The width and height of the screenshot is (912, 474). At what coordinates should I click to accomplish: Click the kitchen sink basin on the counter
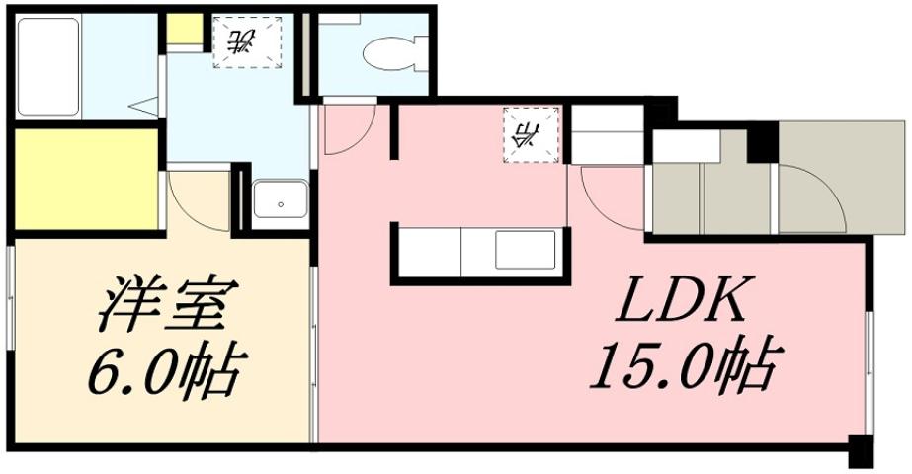pos(524,250)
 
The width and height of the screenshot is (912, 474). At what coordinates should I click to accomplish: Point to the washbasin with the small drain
pos(281,203)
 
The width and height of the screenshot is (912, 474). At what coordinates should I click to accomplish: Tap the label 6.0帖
pos(163,370)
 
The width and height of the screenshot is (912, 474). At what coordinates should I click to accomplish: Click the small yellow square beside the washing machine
pos(183,29)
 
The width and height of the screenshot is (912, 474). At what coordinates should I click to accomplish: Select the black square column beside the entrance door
pos(762,144)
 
